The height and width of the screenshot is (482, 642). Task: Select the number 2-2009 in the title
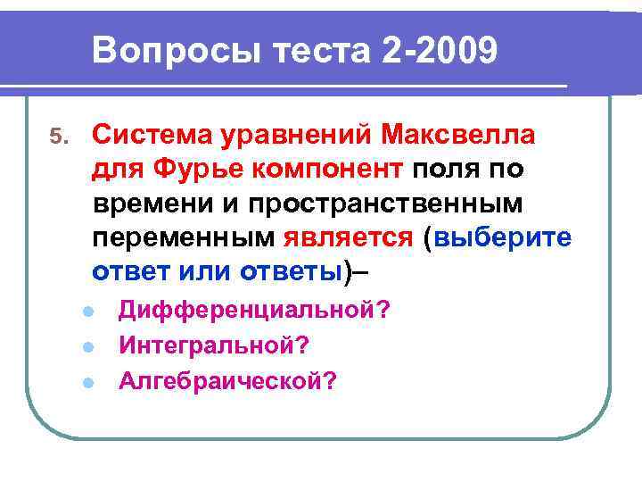pos(438,51)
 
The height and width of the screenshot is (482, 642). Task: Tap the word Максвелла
pos(458,136)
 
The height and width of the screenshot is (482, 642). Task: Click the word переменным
pos(184,237)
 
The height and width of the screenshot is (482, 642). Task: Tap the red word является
pos(349,237)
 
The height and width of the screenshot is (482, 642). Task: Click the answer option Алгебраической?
pos(228,381)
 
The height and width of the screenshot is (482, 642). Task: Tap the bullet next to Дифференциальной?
pos(87,312)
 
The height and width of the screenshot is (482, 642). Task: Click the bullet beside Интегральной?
pos(87,347)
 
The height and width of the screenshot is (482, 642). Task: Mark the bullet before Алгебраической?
pos(87,383)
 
